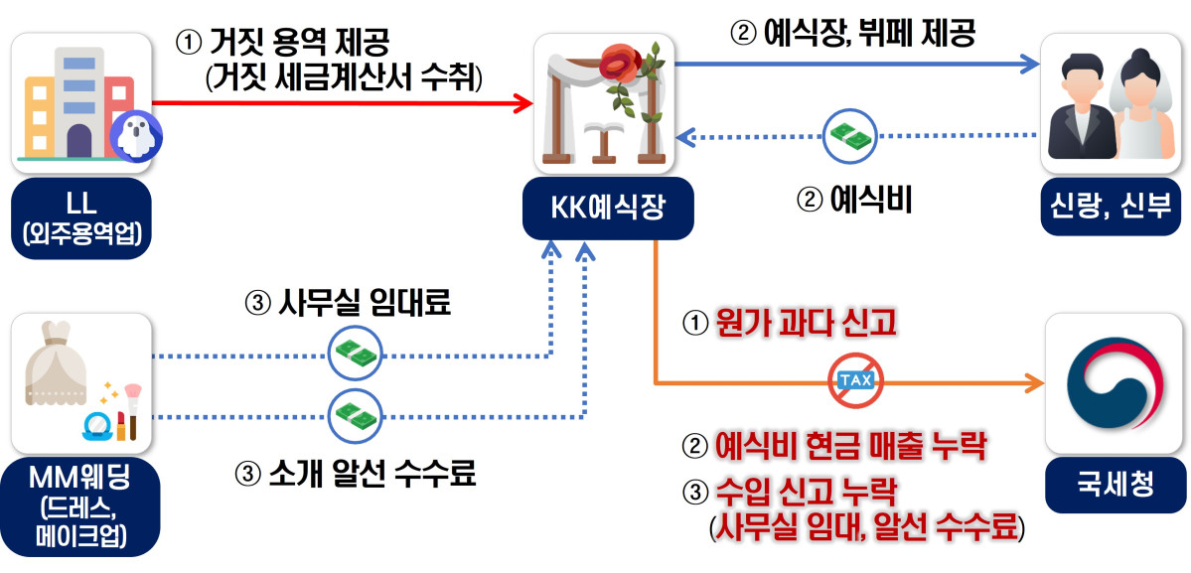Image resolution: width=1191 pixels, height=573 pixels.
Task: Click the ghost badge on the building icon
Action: point(134,135)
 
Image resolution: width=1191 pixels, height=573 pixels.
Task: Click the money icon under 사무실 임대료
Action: point(355,353)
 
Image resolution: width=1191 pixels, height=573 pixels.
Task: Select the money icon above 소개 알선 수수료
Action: point(355,414)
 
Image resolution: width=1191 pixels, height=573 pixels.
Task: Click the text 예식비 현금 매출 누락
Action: point(850,446)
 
